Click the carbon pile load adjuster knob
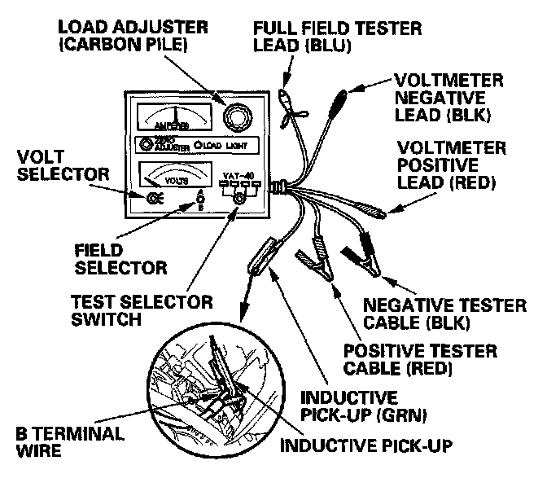236,118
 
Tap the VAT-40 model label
240,174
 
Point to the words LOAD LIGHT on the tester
224,147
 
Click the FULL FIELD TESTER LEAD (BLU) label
337,37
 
